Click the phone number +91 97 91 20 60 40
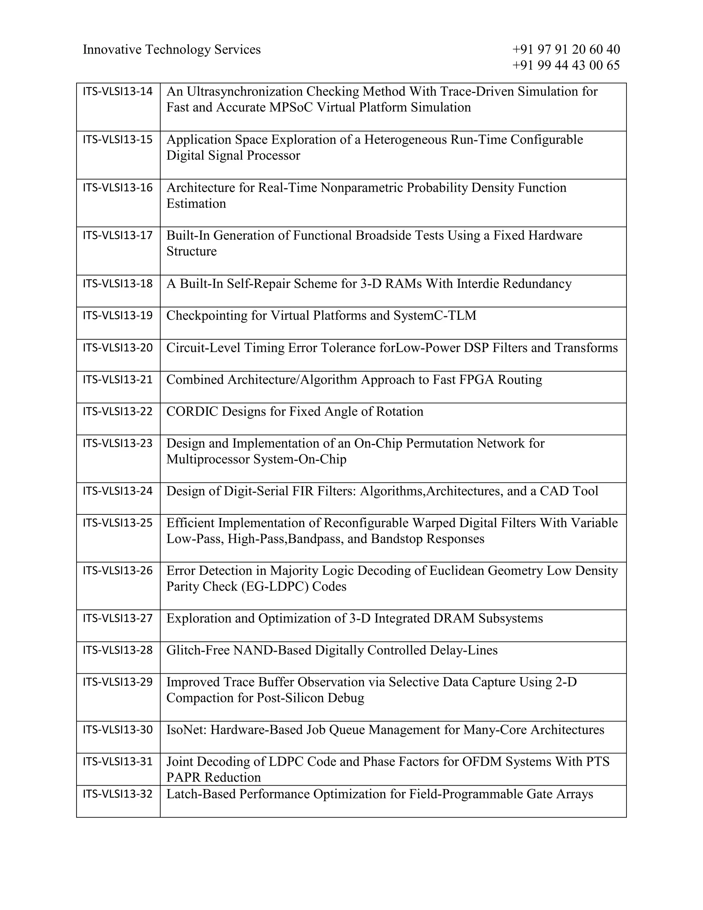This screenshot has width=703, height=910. [566, 49]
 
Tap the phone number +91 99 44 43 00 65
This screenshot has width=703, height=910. [566, 65]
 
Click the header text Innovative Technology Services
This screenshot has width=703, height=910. [172, 49]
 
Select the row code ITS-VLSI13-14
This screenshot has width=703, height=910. [118, 91]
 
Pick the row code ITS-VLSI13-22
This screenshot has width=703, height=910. [118, 411]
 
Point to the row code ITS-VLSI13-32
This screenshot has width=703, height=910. [118, 794]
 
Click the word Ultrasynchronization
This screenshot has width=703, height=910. [244, 92]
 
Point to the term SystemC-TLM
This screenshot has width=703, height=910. [435, 316]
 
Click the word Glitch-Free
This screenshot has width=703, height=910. [198, 650]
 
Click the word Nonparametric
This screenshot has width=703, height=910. [361, 188]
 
